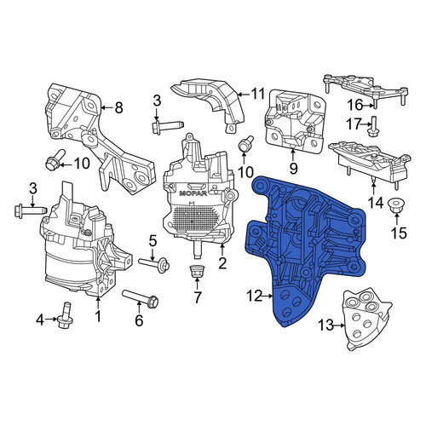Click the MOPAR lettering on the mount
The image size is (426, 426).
point(193,193)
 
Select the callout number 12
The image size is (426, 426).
point(255,296)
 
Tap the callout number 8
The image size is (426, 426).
point(118,107)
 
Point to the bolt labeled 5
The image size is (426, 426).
point(154,263)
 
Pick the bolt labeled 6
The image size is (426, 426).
point(141,297)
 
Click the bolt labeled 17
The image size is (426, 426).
point(372,126)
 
